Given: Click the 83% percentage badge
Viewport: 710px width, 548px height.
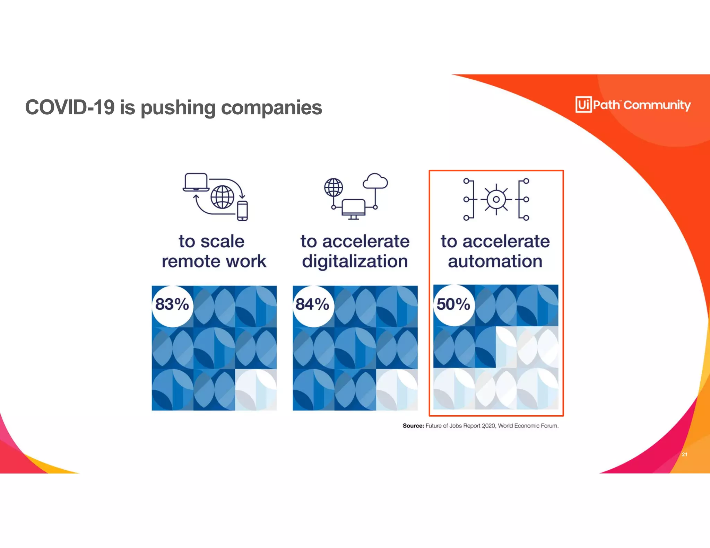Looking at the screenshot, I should click(172, 305).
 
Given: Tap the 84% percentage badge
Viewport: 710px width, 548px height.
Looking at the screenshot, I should click(313, 305).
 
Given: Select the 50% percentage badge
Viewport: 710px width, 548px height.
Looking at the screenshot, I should click(453, 304).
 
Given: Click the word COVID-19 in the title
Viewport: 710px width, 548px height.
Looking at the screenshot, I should click(70, 107).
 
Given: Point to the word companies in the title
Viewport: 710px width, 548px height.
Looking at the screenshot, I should click(271, 107).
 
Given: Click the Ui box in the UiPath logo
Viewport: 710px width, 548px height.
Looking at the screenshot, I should click(583, 104).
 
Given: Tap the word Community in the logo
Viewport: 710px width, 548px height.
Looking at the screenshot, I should click(657, 105).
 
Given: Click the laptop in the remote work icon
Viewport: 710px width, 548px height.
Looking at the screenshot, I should click(196, 182).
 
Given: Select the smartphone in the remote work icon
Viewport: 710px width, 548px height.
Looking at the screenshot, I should click(242, 211).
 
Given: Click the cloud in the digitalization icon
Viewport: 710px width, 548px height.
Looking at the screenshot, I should click(375, 181).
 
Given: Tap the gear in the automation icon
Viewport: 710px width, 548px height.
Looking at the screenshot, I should click(496, 200).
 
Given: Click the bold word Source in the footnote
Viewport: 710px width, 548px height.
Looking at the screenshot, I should click(413, 426).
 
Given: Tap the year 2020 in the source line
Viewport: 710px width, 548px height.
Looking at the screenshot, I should click(488, 426).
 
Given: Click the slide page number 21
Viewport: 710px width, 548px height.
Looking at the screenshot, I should click(684, 454).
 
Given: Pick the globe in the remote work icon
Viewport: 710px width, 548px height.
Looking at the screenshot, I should click(222, 197).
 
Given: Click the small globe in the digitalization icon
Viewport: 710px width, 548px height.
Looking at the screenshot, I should click(334, 187).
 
